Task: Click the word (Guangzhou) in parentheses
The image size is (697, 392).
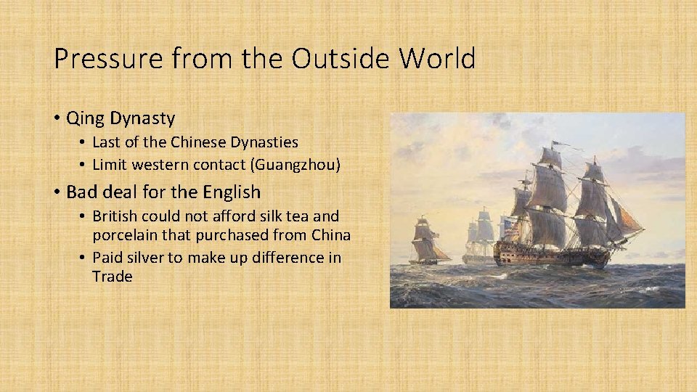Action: tap(295, 165)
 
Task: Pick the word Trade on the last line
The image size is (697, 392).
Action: tap(112, 277)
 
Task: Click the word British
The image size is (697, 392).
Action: tap(116, 217)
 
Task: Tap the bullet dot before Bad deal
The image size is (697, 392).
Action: tap(57, 192)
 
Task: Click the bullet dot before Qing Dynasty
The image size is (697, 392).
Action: tap(57, 117)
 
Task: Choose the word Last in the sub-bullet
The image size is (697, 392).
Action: tap(105, 143)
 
